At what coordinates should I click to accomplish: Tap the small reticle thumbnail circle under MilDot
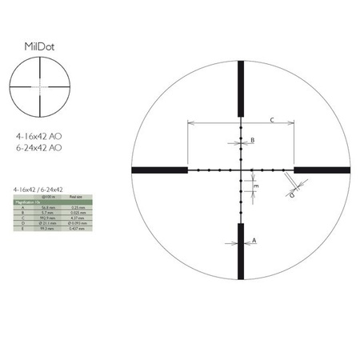38,83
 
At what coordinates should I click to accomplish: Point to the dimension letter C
272,120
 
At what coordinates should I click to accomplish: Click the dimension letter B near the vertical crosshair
253,141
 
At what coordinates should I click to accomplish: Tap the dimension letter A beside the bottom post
254,239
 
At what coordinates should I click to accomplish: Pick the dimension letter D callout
291,194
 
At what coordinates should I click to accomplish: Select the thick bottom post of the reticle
241,250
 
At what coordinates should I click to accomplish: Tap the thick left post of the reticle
159,170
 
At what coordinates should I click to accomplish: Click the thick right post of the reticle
322,170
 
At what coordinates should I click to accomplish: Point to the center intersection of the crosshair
241,170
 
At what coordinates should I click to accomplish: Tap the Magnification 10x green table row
32,202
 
